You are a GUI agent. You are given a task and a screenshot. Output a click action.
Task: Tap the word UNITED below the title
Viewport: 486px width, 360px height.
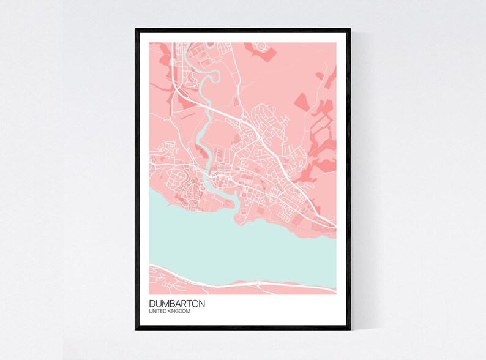tap(158, 312)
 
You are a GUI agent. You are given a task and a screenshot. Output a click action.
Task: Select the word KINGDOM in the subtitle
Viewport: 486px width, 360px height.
tap(179, 312)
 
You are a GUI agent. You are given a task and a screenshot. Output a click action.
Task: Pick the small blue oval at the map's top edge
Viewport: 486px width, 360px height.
tap(211, 44)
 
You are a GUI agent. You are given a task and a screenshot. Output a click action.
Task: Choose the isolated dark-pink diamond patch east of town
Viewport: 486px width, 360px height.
tap(304, 101)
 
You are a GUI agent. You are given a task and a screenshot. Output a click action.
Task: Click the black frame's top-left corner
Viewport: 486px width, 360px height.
tap(136, 29)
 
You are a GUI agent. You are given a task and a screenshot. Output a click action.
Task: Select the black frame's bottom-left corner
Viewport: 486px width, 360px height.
tap(136, 329)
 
